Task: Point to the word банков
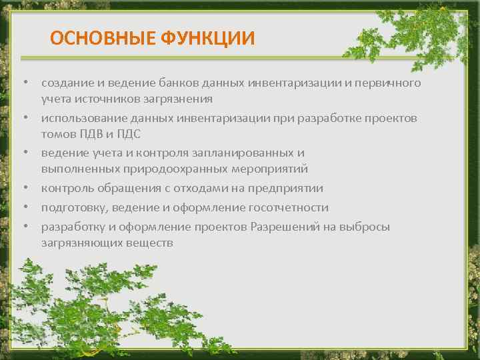[x=179, y=83]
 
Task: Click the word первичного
[x=390, y=83]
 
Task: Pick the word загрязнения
[x=178, y=99]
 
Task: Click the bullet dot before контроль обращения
[x=25, y=189]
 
